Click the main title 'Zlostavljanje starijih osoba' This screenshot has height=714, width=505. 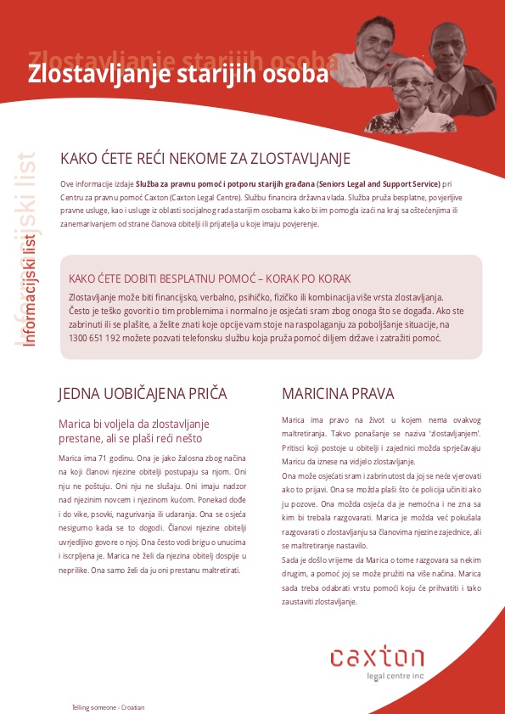(x=177, y=74)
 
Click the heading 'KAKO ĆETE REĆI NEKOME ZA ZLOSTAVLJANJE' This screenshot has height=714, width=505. (x=205, y=159)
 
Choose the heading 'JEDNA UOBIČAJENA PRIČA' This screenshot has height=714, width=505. (x=142, y=393)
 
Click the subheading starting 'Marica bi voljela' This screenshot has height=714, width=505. (x=137, y=430)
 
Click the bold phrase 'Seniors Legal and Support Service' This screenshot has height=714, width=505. (x=366, y=183)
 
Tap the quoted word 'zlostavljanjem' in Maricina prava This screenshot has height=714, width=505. (x=448, y=431)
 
